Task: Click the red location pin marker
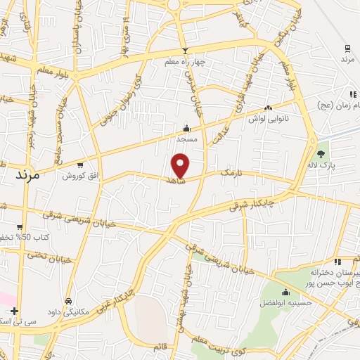181,166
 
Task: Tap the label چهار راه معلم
186,62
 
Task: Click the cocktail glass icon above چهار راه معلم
186,51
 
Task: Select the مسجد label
186,139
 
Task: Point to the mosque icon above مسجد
186,128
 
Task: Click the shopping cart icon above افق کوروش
81,165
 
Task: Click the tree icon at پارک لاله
321,155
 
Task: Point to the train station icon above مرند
347,49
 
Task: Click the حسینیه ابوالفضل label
288,304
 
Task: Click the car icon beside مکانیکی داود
68,301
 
